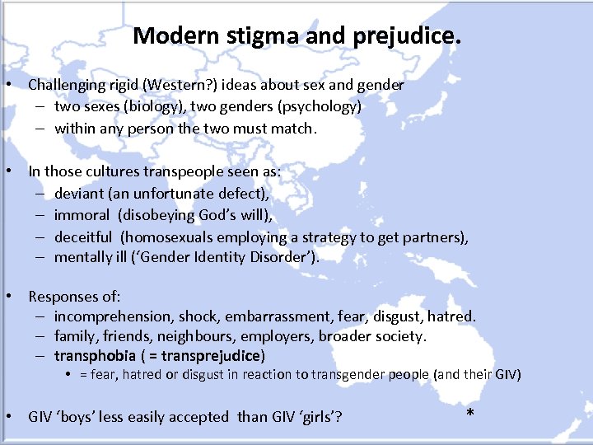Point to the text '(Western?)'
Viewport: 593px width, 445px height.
[x=184, y=85]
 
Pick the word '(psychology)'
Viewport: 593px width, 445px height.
[x=313, y=106]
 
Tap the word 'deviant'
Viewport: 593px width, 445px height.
[x=79, y=194]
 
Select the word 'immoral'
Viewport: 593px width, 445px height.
[x=82, y=215]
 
